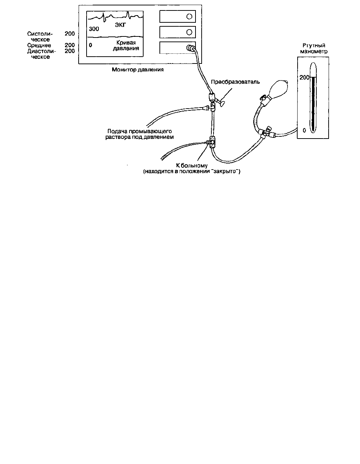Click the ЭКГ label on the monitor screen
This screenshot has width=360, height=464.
120,25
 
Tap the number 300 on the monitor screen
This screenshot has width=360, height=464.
94,29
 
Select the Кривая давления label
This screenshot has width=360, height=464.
126,45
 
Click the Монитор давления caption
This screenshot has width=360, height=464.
138,70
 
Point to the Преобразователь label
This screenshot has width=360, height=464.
236,82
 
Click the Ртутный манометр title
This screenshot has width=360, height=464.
314,48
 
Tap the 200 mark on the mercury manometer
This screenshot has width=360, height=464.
304,77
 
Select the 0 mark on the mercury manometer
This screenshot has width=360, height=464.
304,130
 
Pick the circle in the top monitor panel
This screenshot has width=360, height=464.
189,17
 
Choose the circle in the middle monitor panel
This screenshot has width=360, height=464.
189,32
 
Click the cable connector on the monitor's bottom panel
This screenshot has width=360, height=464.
190,48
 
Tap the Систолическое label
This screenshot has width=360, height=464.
40,36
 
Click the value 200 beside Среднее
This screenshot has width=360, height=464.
70,45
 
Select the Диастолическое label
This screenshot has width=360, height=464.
41,54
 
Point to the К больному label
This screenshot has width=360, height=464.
192,166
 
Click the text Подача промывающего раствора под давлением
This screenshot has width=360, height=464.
140,134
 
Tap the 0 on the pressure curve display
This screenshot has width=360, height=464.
91,45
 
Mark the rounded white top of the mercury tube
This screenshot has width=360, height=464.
313,70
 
